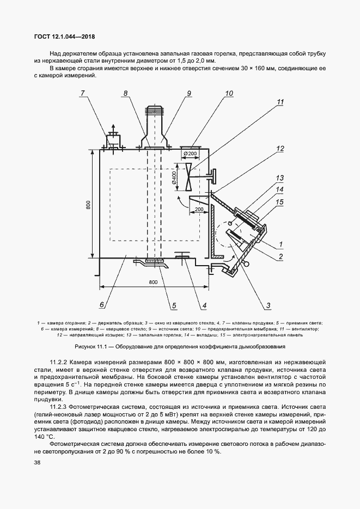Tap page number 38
(36, 462)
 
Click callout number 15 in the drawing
(280, 201)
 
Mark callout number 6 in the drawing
(102, 305)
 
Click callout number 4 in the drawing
(204, 305)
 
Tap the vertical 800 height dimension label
(88, 204)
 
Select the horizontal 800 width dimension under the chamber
(153, 281)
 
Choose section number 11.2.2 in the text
(60, 362)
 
